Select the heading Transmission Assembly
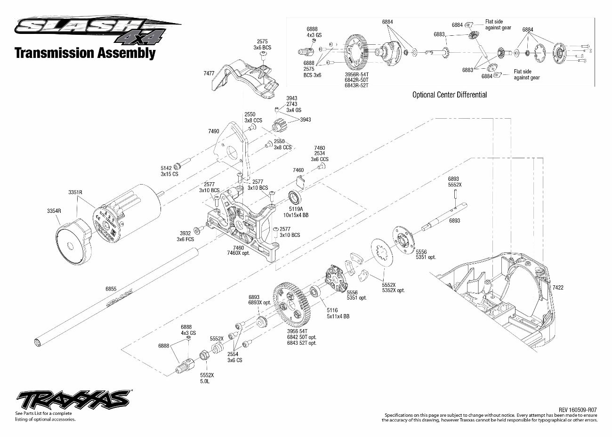(85, 53)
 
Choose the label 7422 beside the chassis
(557, 287)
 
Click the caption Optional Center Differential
(449, 95)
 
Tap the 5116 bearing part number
(332, 310)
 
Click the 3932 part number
(185, 233)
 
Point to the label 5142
(166, 168)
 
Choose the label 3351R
(75, 192)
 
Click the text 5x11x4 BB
(338, 316)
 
